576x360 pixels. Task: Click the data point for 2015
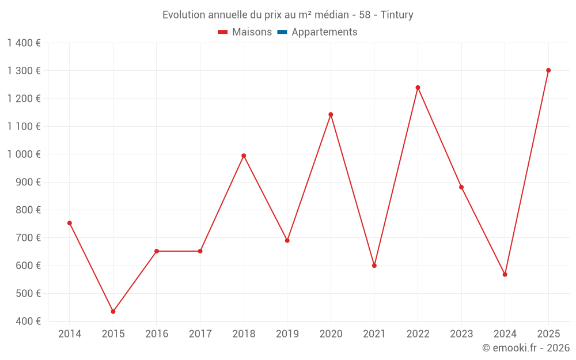pos(113,312)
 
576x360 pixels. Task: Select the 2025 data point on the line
pos(548,70)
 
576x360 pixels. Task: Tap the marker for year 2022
pos(418,88)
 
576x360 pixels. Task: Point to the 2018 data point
pos(244,156)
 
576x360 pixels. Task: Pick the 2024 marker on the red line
pos(505,274)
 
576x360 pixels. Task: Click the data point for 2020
pos(331,115)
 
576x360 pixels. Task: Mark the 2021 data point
pos(374,266)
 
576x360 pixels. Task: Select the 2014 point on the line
pos(70,223)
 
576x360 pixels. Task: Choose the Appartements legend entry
pos(324,32)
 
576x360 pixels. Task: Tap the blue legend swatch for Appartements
pos(282,32)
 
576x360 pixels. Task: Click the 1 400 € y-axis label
pos(24,43)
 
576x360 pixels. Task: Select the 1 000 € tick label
pos(24,154)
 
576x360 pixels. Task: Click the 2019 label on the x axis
pos(287,334)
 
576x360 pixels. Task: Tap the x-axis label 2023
pos(461,334)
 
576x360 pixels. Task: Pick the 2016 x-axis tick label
pos(157,334)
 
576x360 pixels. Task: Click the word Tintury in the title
pos(397,15)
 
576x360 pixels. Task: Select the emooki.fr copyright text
pos(526,348)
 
